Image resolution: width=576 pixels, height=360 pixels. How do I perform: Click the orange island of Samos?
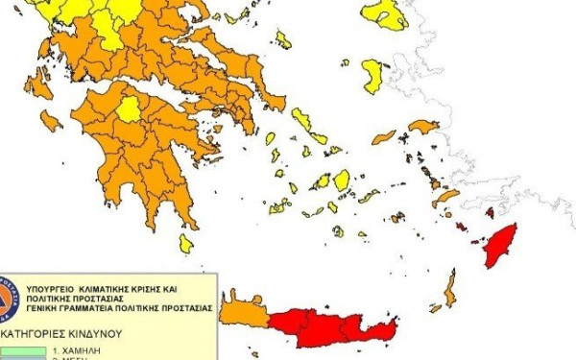coord(421,127)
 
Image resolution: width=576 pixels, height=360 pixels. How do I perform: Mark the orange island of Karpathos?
coord(449,288)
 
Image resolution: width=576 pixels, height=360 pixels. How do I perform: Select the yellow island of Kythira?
coord(185,244)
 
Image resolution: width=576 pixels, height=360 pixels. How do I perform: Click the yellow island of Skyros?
coord(283,39)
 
